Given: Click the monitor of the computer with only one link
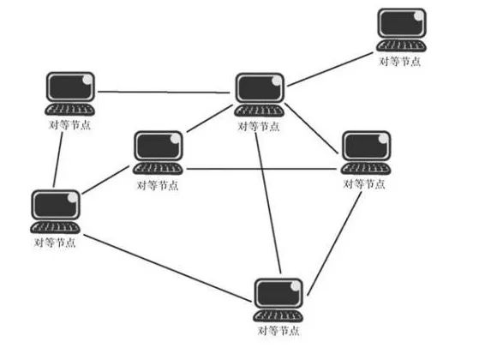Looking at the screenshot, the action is point(402,23).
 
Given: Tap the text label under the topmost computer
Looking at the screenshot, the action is point(399,61).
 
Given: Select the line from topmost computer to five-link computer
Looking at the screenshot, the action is point(331,69).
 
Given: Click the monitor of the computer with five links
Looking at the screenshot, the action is point(260,88).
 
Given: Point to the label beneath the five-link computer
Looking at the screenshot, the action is point(259,126).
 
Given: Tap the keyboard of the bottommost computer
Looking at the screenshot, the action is point(278,315).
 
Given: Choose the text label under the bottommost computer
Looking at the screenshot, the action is point(278,331).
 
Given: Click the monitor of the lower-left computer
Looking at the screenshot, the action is point(56,205).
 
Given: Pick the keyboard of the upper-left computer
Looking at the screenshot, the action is point(69,109).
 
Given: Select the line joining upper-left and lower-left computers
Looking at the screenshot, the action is point(58,159).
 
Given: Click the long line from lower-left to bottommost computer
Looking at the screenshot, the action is point(168,268).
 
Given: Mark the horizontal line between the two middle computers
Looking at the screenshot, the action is point(261,169).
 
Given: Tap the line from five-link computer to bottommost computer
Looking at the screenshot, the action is point(268,203).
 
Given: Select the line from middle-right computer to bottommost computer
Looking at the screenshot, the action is point(334,243).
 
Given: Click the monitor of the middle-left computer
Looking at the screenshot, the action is point(159,146).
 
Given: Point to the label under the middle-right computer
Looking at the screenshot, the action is point(364,184).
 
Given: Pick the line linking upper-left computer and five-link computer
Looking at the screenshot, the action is point(164,93).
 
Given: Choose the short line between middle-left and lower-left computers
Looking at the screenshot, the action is point(106,180).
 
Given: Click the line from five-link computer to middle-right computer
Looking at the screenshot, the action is point(312,129).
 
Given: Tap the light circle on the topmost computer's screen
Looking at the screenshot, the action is point(419,15).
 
